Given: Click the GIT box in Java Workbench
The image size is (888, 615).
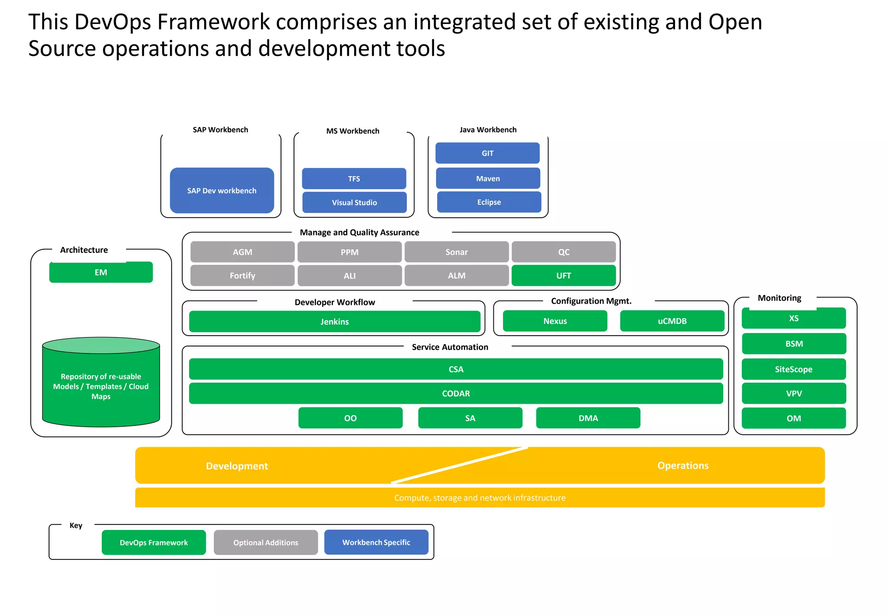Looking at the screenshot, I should pyautogui.click(x=487, y=153).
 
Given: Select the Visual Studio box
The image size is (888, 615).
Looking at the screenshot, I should pyautogui.click(x=354, y=203).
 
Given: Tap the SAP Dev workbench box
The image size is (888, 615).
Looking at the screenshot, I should pyautogui.click(x=222, y=190).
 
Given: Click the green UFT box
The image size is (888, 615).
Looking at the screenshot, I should pyautogui.click(x=563, y=275).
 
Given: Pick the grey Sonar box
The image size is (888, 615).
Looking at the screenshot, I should pyautogui.click(x=456, y=252).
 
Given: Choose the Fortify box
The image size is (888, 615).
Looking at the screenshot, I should pyautogui.click(x=242, y=275).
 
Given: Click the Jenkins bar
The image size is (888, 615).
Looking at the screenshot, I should pyautogui.click(x=334, y=321).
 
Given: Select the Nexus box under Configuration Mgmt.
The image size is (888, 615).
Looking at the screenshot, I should pyautogui.click(x=555, y=321).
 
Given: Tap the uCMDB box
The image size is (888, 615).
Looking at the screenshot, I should pyautogui.click(x=672, y=321).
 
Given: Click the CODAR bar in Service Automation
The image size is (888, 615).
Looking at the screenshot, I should pyautogui.click(x=456, y=393).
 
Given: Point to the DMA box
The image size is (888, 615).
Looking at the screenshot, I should pyautogui.click(x=588, y=418).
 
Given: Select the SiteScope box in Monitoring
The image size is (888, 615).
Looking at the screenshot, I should pyautogui.click(x=793, y=369).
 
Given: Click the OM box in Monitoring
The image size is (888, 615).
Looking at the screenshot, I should pyautogui.click(x=793, y=418).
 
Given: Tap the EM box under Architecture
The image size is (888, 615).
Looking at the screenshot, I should pyautogui.click(x=101, y=272).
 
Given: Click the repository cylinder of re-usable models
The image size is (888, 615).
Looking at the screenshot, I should pyautogui.click(x=101, y=386).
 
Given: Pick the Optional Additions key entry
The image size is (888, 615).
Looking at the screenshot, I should pyautogui.click(x=265, y=542).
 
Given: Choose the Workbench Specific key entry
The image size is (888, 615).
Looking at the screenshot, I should pyautogui.click(x=376, y=542).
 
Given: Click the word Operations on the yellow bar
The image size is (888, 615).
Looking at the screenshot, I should pyautogui.click(x=682, y=465).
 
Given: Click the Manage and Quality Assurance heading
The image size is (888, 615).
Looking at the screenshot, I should pyautogui.click(x=359, y=232).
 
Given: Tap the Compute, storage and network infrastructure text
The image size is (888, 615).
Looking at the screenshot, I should pyautogui.click(x=480, y=498).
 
